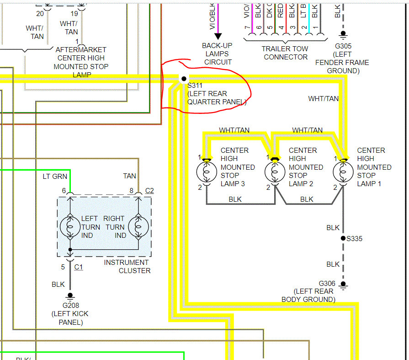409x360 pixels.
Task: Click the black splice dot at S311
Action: [183, 79]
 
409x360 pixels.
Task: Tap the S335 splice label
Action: [355, 238]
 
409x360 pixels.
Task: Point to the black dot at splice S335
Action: [343, 238]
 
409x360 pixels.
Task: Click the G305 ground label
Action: [342, 46]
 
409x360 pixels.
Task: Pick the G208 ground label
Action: [70, 306]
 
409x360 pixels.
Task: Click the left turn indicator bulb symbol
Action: [70, 226]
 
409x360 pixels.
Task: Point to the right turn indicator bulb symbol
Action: [138, 226]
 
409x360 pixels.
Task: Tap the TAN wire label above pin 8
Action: [130, 176]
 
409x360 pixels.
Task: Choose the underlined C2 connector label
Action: [149, 190]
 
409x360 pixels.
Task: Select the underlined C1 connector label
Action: [79, 267]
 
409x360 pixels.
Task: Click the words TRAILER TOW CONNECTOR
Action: [285, 53]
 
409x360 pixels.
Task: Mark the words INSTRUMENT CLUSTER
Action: [127, 266]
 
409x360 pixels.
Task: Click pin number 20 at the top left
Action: [40, 13]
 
